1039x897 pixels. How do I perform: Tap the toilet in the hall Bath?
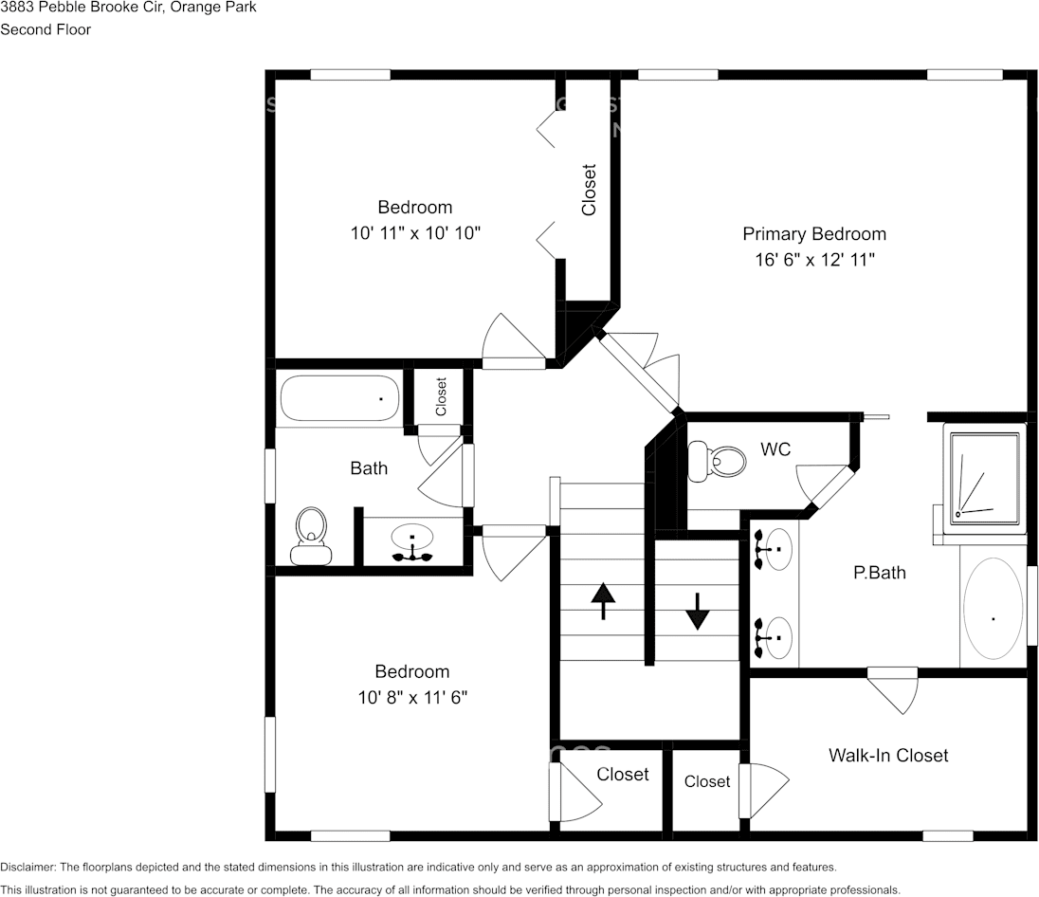click(x=311, y=537)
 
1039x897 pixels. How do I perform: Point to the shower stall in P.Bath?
click(x=986, y=476)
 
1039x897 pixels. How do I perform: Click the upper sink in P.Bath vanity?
click(x=777, y=548)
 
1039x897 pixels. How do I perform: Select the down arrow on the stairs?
click(x=698, y=612)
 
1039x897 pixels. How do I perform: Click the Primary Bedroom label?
click(x=813, y=234)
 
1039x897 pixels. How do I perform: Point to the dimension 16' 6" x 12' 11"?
click(x=813, y=260)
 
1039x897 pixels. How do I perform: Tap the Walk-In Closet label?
click(x=887, y=756)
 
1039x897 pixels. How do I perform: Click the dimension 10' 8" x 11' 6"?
click(x=412, y=698)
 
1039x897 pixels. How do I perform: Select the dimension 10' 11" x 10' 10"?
click(x=415, y=232)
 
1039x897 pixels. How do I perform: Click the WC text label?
click(x=775, y=449)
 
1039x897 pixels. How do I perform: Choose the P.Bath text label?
click(x=879, y=573)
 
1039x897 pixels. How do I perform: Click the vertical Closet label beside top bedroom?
click(x=589, y=190)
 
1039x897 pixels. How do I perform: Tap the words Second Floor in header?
click(x=46, y=29)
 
